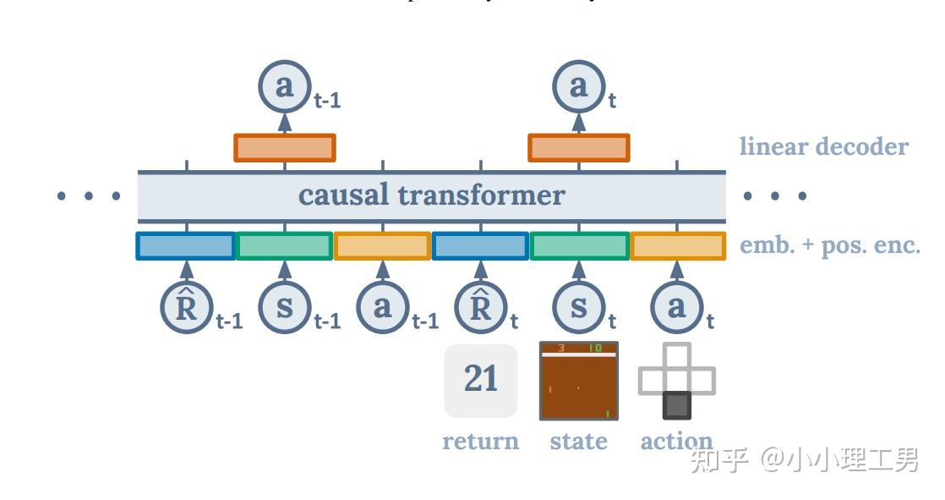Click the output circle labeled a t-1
click(285, 87)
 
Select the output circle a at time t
click(578, 87)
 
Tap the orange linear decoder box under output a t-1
click(285, 147)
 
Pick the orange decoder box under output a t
click(579, 147)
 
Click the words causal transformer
click(431, 195)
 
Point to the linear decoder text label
click(823, 146)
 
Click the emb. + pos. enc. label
click(829, 245)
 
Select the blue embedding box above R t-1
click(186, 245)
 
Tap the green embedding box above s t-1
click(284, 245)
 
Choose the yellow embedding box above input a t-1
click(382, 245)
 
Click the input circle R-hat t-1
click(186, 307)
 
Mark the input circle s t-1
click(285, 307)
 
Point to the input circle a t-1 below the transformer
click(383, 307)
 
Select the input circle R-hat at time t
click(480, 307)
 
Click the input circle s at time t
click(578, 307)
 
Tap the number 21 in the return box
click(481, 379)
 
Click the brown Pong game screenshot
click(579, 381)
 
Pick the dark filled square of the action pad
click(676, 405)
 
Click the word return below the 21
click(480, 441)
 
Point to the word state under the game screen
click(578, 441)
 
